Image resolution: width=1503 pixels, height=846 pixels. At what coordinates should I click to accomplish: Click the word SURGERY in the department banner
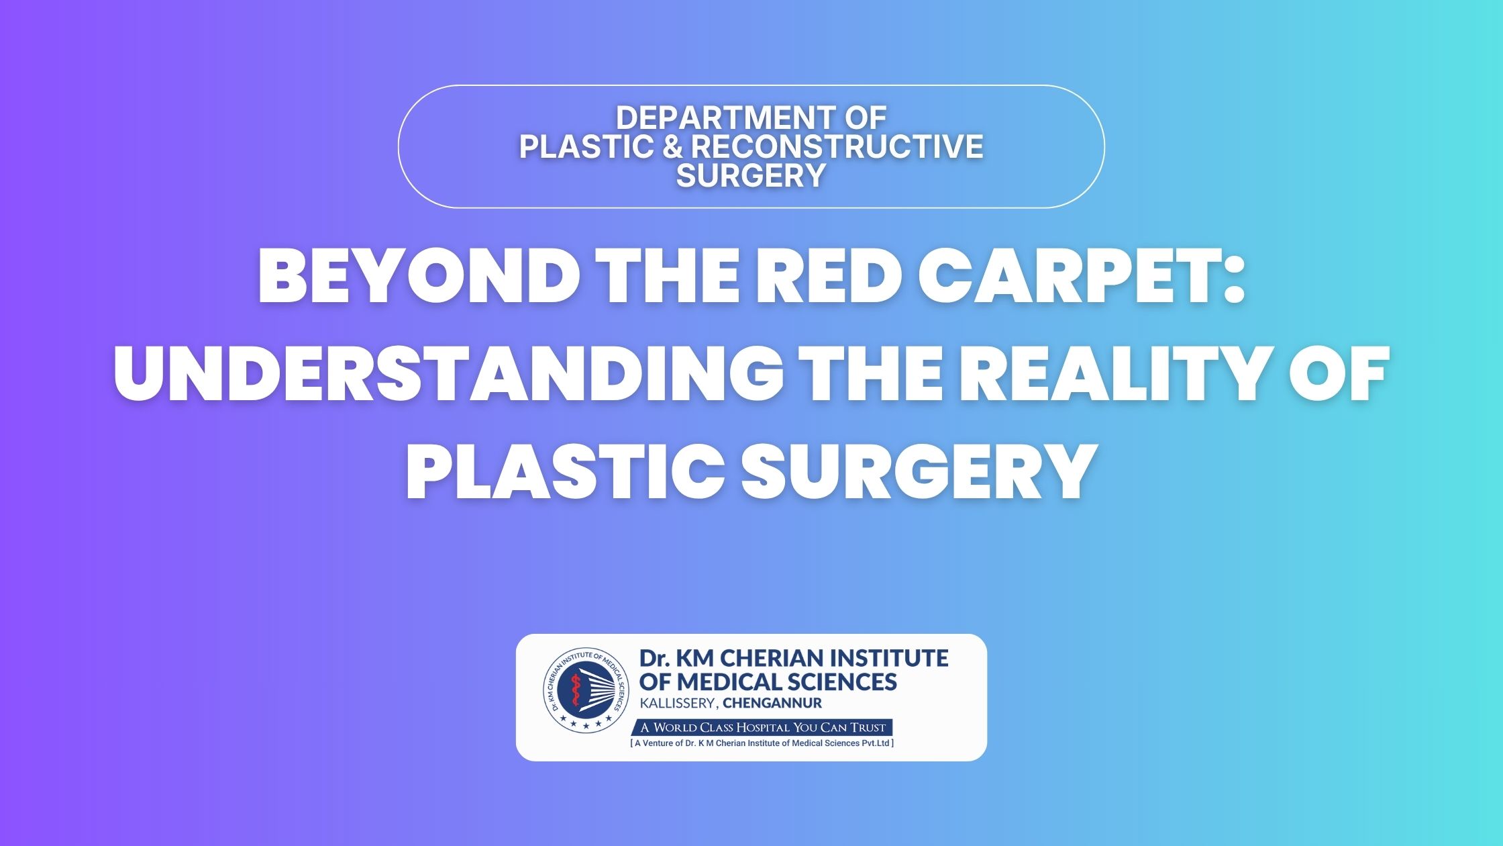click(x=751, y=175)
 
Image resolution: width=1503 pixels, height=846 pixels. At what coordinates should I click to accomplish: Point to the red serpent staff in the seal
click(x=574, y=694)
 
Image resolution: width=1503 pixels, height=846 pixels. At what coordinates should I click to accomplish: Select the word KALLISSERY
click(x=678, y=704)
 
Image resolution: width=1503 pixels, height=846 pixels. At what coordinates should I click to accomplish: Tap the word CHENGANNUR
click(x=772, y=704)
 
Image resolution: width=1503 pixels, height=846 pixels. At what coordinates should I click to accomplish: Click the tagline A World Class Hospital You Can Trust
click(x=762, y=727)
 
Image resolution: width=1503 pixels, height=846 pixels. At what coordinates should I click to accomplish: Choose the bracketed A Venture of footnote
click(x=762, y=743)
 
